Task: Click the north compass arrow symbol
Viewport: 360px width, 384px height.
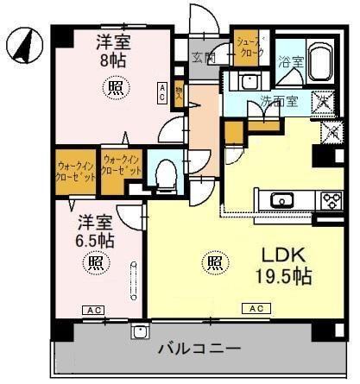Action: coord(24,44)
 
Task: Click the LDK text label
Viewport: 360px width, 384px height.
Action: coord(280,255)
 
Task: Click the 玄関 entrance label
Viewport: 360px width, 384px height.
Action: coord(204,57)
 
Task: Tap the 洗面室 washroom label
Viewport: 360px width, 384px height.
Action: coord(279,101)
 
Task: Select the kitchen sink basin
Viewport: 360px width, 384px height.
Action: coord(282,201)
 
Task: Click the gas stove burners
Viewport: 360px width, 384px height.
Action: coord(330,201)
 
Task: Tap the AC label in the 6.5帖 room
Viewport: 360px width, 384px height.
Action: coord(91,309)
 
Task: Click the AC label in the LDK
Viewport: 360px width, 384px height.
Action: coord(256,308)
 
